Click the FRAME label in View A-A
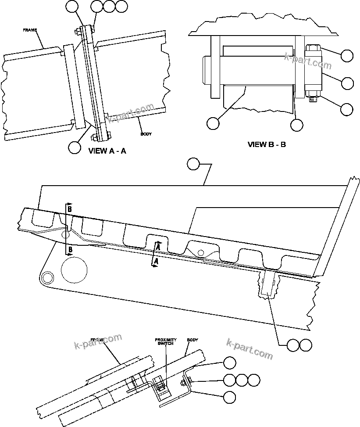(x=30, y=30)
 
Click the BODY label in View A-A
(x=146, y=134)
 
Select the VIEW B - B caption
(x=267, y=144)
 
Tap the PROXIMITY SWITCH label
(x=165, y=342)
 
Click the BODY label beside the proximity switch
(x=192, y=340)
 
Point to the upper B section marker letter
(x=69, y=209)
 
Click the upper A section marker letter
(x=157, y=248)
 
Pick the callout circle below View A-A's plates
(x=75, y=147)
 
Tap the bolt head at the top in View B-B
(x=312, y=48)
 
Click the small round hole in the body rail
(x=200, y=252)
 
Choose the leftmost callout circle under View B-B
(x=213, y=123)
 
